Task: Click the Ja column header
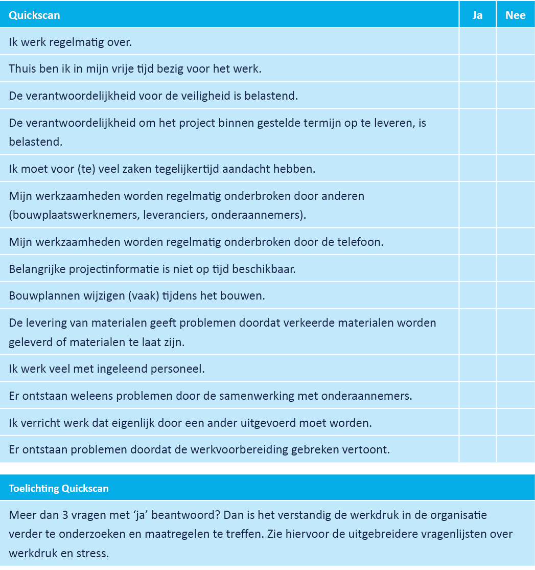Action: pos(477,15)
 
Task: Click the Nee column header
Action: pos(515,15)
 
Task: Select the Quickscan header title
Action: pos(34,15)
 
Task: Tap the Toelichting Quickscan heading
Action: pos(59,488)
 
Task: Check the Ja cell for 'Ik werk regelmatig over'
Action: pos(477,41)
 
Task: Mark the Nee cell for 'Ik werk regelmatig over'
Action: pos(515,41)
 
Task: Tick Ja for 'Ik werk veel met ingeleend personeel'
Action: pos(477,368)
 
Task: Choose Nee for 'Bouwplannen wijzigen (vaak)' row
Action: pos(515,295)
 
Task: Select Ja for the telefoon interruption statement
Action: pos(477,241)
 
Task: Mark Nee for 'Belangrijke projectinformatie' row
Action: pos(515,268)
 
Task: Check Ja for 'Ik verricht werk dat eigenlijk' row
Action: pos(477,423)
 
